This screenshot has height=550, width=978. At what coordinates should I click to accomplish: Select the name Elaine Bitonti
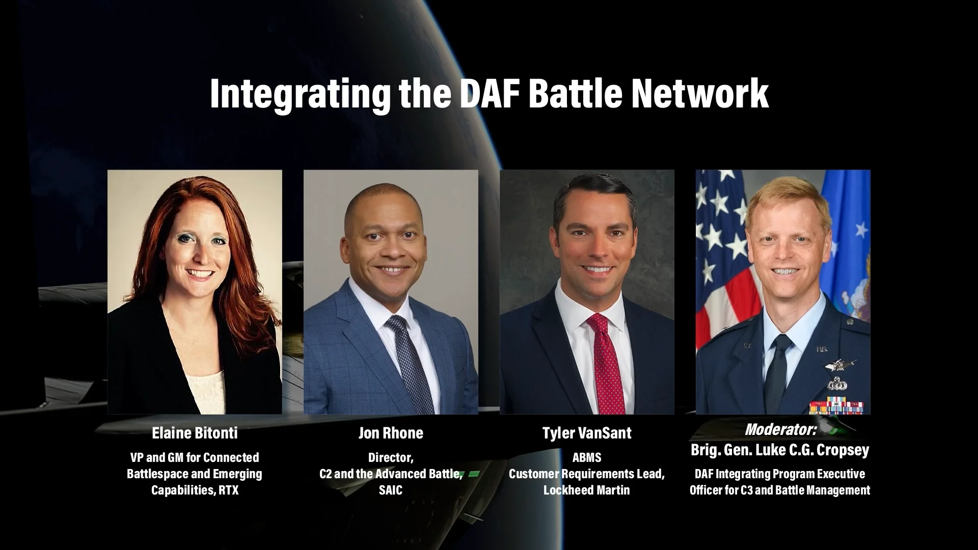coord(195,433)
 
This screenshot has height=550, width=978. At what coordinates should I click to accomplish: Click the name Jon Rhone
coord(391,433)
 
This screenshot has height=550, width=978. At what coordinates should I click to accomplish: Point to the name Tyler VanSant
coord(587,433)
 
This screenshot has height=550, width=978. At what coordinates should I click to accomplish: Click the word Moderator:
coord(780,429)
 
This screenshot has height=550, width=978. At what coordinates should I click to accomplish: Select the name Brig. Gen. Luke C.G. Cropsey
coord(780,450)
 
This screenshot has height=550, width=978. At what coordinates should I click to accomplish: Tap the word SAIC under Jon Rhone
coord(391,490)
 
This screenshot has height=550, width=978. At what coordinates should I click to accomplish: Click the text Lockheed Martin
coord(587,490)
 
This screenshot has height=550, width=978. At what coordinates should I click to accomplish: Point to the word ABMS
coord(587,457)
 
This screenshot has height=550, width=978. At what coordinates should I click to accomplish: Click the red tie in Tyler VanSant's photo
coord(606,367)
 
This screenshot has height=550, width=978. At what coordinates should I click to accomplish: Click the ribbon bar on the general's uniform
coord(836,406)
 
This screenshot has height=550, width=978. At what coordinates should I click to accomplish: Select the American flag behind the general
coord(721,255)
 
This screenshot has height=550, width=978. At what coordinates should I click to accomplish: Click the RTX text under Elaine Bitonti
coord(229,490)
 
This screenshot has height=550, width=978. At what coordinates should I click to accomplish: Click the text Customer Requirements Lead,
coord(587,474)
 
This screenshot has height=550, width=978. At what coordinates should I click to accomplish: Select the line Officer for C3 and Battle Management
coord(780,490)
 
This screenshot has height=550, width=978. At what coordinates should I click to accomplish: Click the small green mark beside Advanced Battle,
coord(474,474)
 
